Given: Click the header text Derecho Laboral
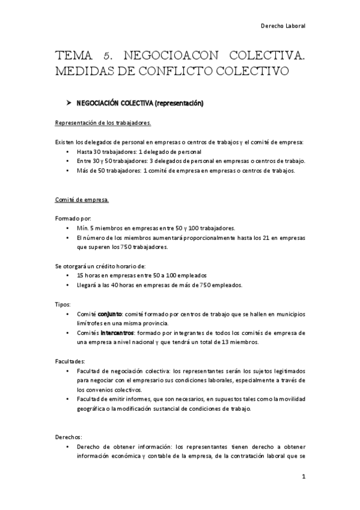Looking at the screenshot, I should click(283, 26).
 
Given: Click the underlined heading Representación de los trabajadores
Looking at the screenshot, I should click(103, 123).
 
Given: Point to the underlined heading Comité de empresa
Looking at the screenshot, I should click(82, 198).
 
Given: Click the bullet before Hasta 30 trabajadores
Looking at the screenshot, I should click(72, 152).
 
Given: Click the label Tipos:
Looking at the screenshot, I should click(63, 304).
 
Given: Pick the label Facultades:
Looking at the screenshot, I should click(70, 361).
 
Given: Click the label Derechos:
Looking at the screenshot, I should click(69, 437).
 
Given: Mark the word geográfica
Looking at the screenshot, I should click(94, 408).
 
